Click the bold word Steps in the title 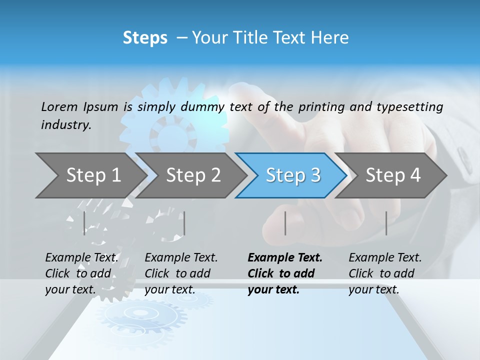pyautogui.click(x=145, y=38)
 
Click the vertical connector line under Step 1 pyautogui.click(x=84, y=223)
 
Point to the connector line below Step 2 pyautogui.click(x=184, y=223)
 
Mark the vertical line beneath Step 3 pyautogui.click(x=285, y=223)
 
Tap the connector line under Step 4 pyautogui.click(x=386, y=223)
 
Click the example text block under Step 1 pyautogui.click(x=81, y=273)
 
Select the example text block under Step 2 pyautogui.click(x=181, y=273)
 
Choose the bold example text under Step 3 pyautogui.click(x=285, y=273)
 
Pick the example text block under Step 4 pyautogui.click(x=385, y=273)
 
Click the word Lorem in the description pyautogui.click(x=59, y=106)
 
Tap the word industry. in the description pyautogui.click(x=66, y=125)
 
